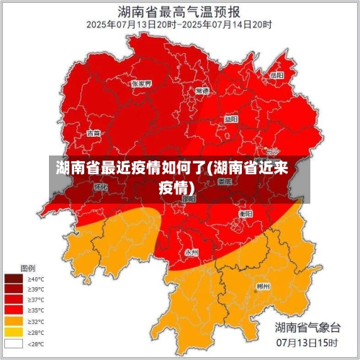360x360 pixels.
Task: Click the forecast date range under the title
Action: [179, 24]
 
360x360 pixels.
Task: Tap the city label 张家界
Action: [141, 84]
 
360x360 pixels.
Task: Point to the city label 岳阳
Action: [276, 75]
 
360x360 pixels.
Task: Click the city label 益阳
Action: [230, 119]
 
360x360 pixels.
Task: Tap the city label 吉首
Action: [94, 133]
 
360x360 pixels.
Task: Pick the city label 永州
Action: [192, 252]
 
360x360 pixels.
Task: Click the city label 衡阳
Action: [246, 214]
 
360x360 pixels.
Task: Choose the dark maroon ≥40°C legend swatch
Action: [14, 278]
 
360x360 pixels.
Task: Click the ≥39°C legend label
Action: [36, 289]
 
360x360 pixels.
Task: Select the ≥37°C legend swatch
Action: [14, 300]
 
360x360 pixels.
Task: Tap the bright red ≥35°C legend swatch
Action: [14, 310]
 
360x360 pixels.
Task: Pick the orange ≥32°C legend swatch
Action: [14, 321]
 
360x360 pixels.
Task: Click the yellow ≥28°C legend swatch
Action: [14, 332]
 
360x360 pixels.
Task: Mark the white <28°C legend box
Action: [14, 343]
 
